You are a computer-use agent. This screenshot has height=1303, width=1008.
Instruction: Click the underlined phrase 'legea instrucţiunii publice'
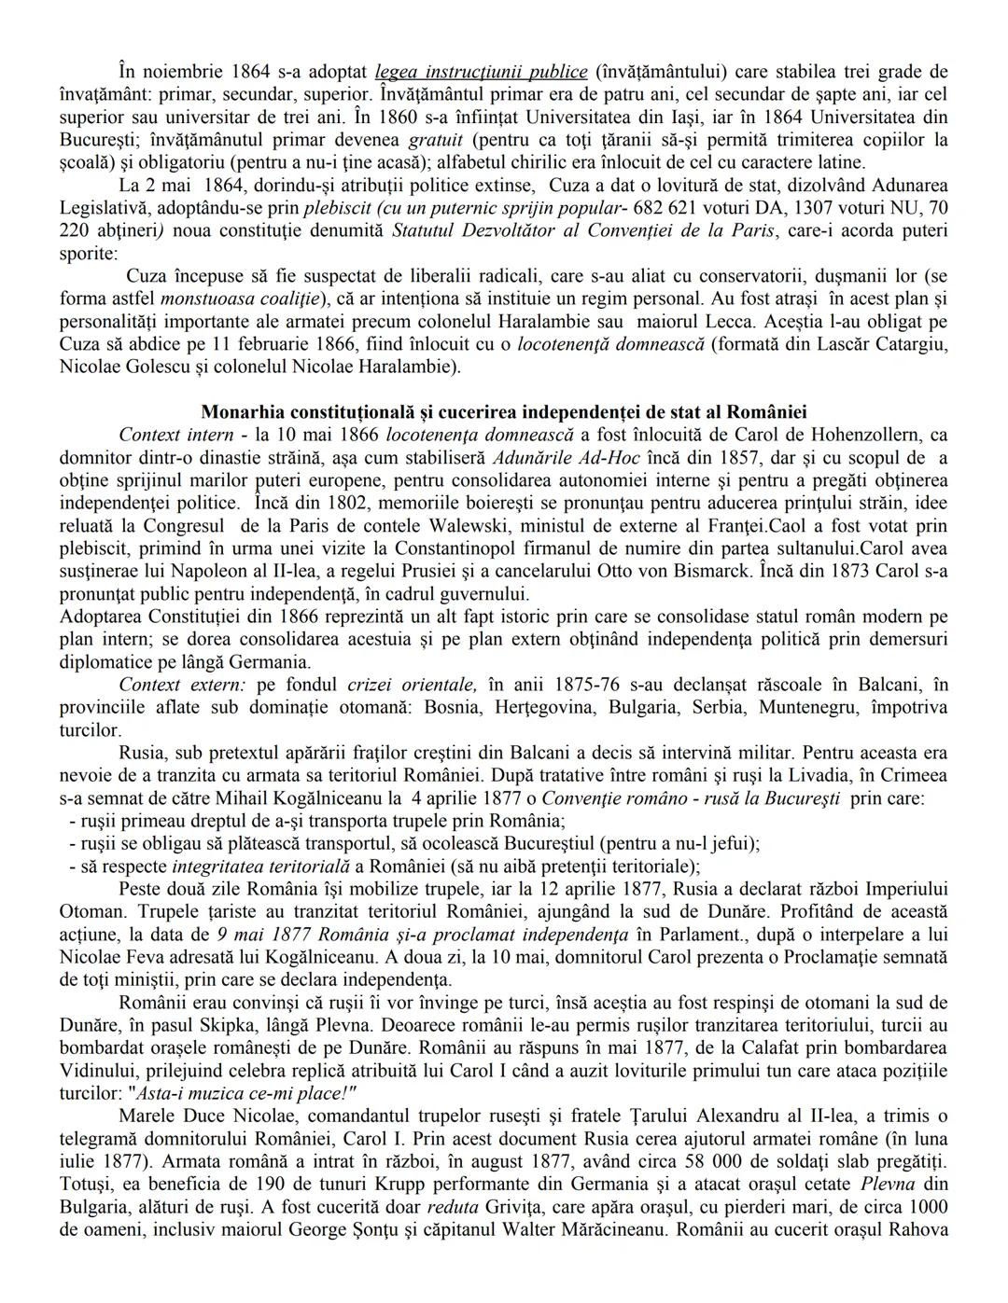(480, 72)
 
